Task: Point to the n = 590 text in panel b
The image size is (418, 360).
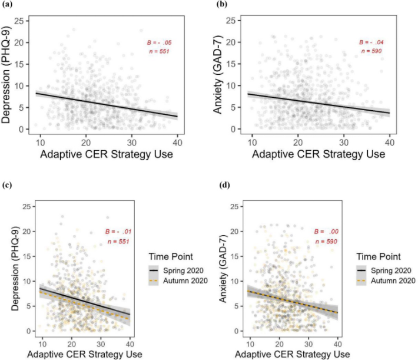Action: [371, 52]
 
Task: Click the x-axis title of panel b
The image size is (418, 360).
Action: [316, 154]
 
